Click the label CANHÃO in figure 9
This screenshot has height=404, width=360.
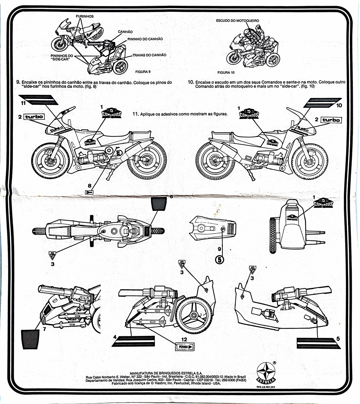tap(125, 32)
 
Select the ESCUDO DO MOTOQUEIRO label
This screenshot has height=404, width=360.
tap(238, 21)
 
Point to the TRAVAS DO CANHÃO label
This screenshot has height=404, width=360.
tap(149, 55)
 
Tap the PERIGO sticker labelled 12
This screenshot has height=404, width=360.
tap(184, 347)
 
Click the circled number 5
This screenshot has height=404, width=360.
tap(220, 258)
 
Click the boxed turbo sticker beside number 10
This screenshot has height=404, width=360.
tap(331, 120)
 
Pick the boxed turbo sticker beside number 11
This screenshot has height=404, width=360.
tap(34, 116)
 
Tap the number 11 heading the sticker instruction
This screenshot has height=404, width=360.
tap(135, 114)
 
